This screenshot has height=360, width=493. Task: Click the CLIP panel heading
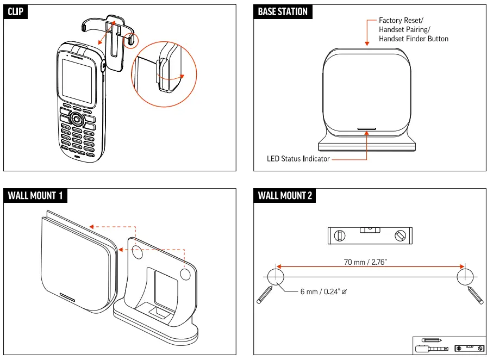click(16, 12)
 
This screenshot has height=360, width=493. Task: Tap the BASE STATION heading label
click(283, 12)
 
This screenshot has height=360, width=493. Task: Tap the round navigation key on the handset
click(77, 120)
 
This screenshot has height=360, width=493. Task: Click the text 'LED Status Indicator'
click(298, 159)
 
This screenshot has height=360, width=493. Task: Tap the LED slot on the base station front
click(367, 129)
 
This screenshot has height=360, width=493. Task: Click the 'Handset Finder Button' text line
click(414, 39)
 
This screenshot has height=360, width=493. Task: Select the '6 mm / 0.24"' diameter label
click(323, 292)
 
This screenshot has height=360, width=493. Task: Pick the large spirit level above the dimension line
click(369, 235)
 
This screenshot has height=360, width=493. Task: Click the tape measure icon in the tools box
click(431, 348)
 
